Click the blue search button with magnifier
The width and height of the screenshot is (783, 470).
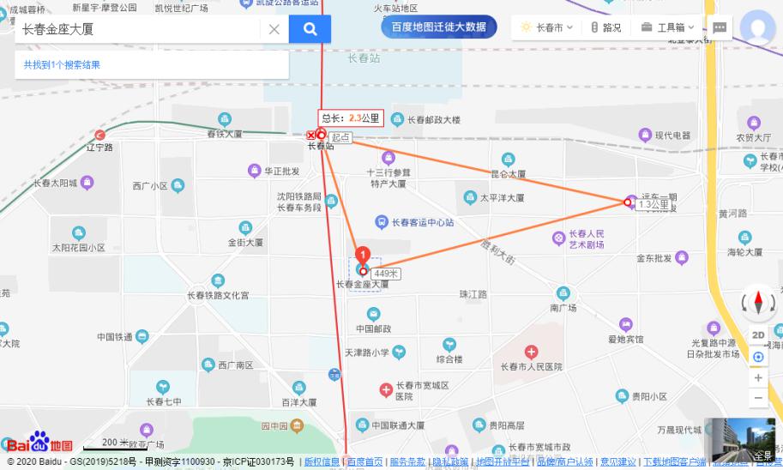pyautogui.click(x=310, y=29)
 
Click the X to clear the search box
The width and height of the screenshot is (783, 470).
pyautogui.click(x=274, y=29)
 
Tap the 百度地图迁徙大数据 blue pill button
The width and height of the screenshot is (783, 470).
pyautogui.click(x=439, y=27)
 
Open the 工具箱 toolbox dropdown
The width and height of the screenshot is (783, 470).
pyautogui.click(x=668, y=27)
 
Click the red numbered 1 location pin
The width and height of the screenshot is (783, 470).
pyautogui.click(x=363, y=256)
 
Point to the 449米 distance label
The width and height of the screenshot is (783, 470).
pyautogui.click(x=387, y=274)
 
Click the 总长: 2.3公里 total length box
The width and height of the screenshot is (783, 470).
pyautogui.click(x=350, y=118)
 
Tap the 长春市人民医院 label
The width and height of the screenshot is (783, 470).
pyautogui.click(x=532, y=366)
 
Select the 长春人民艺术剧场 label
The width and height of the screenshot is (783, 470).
pyautogui.click(x=587, y=238)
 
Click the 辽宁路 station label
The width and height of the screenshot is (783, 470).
pyautogui.click(x=100, y=147)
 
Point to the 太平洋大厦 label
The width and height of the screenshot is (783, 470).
pyautogui.click(x=502, y=197)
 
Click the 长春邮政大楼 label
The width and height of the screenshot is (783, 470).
pyautogui.click(x=433, y=120)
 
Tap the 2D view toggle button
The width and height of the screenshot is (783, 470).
pyautogui.click(x=758, y=335)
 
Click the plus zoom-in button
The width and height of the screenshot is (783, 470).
pyautogui.click(x=758, y=377)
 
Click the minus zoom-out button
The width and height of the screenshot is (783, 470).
pyautogui.click(x=758, y=398)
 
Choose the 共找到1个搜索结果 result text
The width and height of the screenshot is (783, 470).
pyautogui.click(x=62, y=64)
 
